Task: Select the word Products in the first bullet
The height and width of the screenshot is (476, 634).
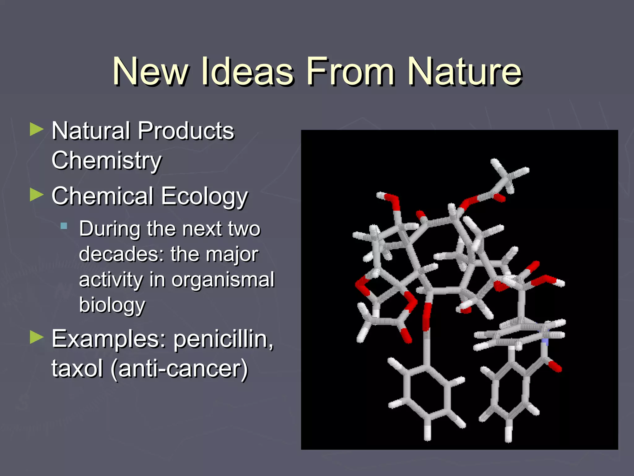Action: (x=186, y=131)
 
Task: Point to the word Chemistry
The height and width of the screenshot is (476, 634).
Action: (x=106, y=161)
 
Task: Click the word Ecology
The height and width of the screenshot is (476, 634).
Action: (x=204, y=196)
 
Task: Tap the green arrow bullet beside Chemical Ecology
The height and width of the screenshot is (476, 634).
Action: (x=37, y=195)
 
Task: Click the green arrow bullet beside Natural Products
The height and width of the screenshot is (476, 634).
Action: (x=37, y=129)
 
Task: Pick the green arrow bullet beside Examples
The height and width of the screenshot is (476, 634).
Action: (x=37, y=337)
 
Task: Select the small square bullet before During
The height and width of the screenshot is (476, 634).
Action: (x=64, y=226)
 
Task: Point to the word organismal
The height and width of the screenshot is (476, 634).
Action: (x=223, y=280)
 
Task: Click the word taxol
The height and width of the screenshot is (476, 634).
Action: (x=77, y=369)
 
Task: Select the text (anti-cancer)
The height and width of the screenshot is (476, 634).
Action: (x=180, y=369)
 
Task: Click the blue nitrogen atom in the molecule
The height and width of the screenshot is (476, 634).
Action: (x=545, y=341)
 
